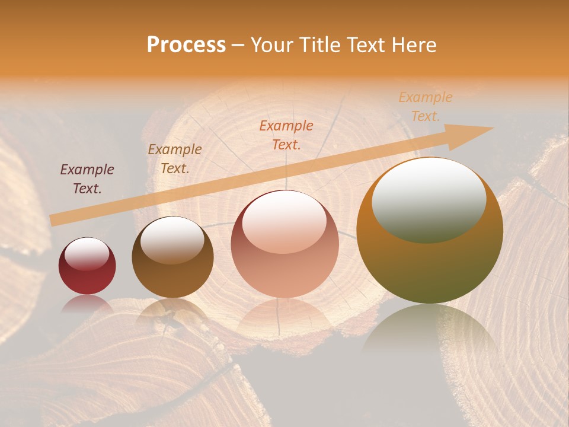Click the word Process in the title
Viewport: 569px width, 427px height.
186,45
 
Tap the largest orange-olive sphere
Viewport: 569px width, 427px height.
430,261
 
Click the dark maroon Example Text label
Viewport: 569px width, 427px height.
87,179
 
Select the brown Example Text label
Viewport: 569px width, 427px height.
175,159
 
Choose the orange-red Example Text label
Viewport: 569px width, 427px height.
286,135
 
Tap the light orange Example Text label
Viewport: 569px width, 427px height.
426,106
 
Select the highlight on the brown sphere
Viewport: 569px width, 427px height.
172,240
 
